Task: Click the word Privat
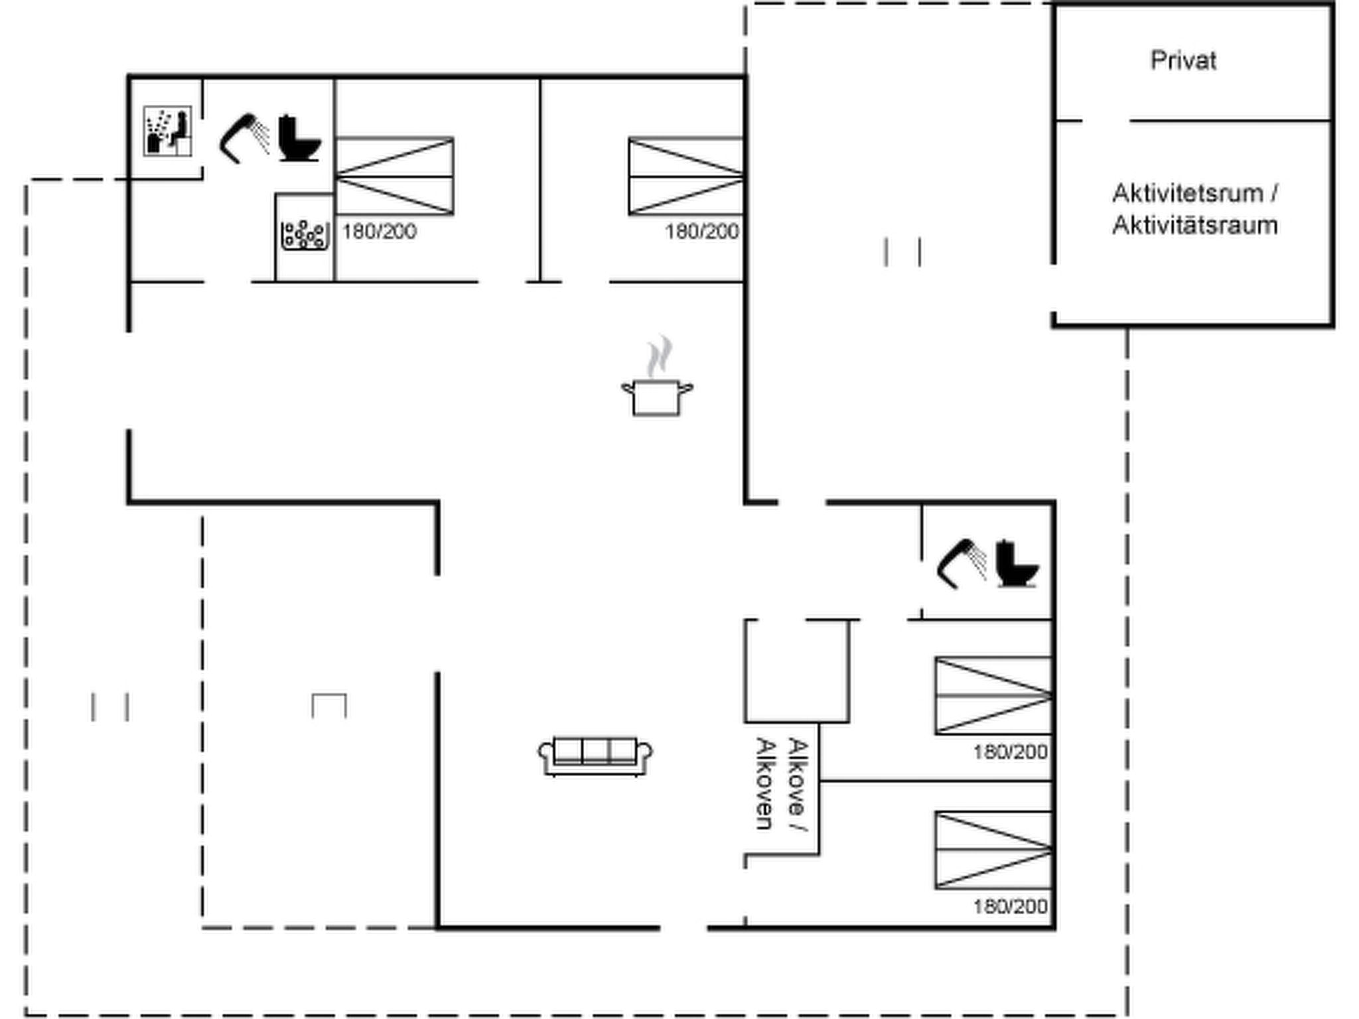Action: (x=1183, y=61)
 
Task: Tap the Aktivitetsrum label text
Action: (x=1194, y=194)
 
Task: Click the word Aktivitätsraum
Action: (x=1194, y=226)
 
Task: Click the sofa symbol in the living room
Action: (x=595, y=756)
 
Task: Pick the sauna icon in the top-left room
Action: (x=167, y=131)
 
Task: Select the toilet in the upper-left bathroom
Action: (x=298, y=139)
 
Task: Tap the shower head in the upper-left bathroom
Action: (x=243, y=138)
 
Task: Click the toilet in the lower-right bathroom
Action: (x=1016, y=564)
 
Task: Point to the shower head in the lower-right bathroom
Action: (x=960, y=564)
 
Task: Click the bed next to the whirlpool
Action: (x=394, y=176)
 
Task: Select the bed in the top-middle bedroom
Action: (x=686, y=176)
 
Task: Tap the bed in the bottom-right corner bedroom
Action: (x=993, y=850)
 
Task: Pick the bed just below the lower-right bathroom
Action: (x=993, y=696)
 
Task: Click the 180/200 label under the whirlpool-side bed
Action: (x=379, y=232)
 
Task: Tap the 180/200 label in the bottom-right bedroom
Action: (x=1010, y=906)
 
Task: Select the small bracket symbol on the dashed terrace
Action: (x=329, y=705)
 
